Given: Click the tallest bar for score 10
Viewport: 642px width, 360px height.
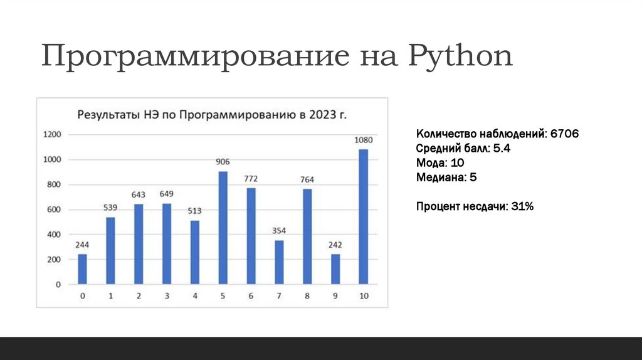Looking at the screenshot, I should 364,216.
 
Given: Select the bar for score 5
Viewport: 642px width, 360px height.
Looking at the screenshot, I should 223,228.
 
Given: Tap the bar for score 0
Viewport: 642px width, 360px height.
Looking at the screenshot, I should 82,269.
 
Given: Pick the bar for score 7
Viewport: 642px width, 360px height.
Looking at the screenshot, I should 279,262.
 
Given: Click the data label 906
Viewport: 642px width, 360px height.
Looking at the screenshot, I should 223,162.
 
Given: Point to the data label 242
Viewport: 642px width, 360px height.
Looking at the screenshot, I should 335,245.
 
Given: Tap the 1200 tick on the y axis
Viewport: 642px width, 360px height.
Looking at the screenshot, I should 52,134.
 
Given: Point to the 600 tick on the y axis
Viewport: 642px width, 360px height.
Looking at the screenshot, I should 54,209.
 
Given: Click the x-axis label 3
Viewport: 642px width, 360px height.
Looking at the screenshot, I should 167,296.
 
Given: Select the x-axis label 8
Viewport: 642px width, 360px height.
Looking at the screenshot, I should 307,296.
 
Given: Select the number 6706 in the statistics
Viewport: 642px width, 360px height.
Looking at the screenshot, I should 564,134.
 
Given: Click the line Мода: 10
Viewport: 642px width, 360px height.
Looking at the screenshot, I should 440,163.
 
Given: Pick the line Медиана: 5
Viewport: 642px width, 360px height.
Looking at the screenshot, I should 446,177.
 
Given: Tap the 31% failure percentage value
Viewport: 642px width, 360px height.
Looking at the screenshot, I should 521,206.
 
